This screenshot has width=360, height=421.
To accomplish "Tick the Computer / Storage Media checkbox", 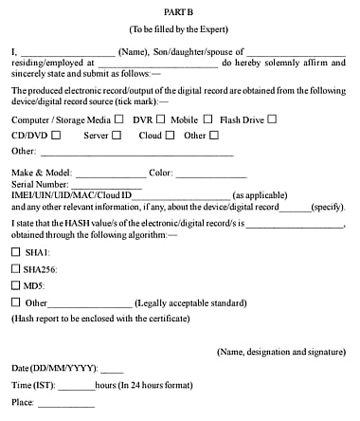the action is pyautogui.click(x=118, y=119).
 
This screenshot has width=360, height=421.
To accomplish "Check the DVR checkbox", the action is pyautogui.click(x=161, y=119).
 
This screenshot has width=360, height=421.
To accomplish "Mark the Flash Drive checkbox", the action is pyautogui.click(x=272, y=119).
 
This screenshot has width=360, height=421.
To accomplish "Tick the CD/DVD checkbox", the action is pyautogui.click(x=56, y=135).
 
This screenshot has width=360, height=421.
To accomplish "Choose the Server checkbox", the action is pyautogui.click(x=117, y=135).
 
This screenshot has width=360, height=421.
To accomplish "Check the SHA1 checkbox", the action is pyautogui.click(x=16, y=252).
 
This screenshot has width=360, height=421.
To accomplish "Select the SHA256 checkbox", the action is pyautogui.click(x=16, y=268).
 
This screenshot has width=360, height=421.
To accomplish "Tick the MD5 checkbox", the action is pyautogui.click(x=16, y=284).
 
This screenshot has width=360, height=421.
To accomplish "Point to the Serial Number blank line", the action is pyautogui.click(x=105, y=187).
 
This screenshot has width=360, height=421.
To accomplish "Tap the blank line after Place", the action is pyautogui.click(x=65, y=405).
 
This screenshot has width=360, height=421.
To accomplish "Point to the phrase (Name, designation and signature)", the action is pyautogui.click(x=281, y=351).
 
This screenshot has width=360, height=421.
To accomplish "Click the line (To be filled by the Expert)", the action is pyautogui.click(x=179, y=28).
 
